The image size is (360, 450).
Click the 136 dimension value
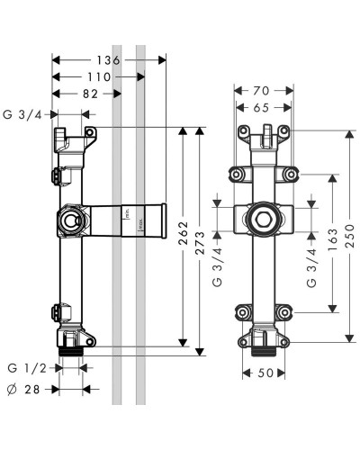[108, 60]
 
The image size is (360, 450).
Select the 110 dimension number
[99, 77]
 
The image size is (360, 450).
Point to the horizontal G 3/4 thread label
[27, 114]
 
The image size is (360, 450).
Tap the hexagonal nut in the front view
[263, 220]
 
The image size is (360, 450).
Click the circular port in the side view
[69, 220]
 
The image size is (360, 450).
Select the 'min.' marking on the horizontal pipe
[129, 215]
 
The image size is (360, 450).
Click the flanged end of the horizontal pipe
[163, 220]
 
